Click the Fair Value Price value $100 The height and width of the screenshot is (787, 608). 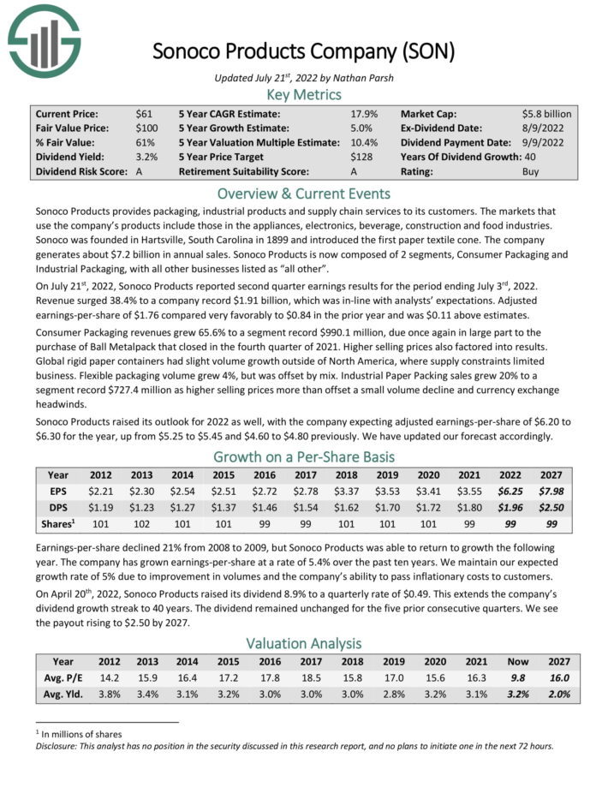(147, 127)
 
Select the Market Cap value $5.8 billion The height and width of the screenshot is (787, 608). (546, 112)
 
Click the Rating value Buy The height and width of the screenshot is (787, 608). (531, 171)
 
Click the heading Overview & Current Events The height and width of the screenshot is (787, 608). (303, 193)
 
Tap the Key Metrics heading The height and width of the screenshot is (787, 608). (303, 94)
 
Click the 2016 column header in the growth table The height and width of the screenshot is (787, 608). (265, 474)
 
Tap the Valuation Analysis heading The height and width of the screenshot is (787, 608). (303, 642)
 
